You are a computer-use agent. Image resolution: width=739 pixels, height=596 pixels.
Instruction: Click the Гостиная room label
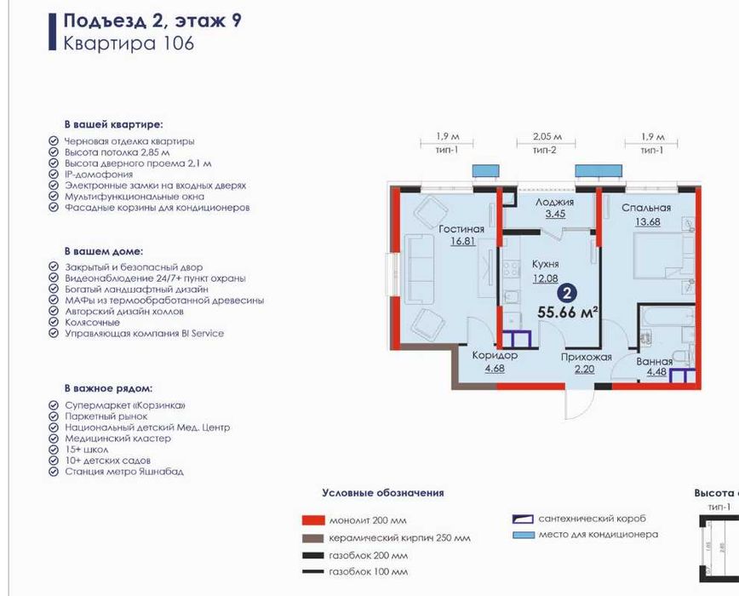pos(461,229)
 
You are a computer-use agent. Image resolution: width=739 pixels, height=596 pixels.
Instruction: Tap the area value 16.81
pos(463,241)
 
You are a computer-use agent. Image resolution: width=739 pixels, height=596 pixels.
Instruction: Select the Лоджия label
pos(555,203)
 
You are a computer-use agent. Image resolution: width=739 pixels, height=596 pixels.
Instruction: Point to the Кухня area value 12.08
pos(545,278)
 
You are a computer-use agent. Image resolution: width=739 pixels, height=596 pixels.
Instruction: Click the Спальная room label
pos(646,208)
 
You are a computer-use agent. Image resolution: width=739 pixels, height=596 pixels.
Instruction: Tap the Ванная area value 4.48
pos(656,372)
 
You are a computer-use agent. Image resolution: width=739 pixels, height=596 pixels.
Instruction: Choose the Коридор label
pos(495,355)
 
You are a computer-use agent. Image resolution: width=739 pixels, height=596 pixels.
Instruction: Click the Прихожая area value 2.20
pos(584,369)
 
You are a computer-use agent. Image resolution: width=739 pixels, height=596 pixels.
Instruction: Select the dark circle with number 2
pos(567,294)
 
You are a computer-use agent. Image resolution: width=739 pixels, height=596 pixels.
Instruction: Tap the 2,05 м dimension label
pos(547,136)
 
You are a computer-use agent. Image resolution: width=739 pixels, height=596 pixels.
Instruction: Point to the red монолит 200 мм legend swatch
pos(313,520)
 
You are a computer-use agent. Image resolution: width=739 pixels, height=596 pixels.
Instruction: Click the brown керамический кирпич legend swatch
pos(313,538)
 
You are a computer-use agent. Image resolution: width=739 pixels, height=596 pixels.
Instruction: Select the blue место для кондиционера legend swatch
pos(524,535)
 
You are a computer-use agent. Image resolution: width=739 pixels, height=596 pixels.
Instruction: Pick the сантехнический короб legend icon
pos(523,519)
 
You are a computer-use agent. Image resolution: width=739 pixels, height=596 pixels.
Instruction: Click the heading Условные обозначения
pos(383,493)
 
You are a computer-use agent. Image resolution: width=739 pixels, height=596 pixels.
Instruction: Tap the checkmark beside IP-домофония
pos(54,175)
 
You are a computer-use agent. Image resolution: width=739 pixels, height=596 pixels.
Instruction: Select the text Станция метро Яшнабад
pos(124,472)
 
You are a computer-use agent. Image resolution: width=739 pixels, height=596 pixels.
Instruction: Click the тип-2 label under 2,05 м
pos(545,150)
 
